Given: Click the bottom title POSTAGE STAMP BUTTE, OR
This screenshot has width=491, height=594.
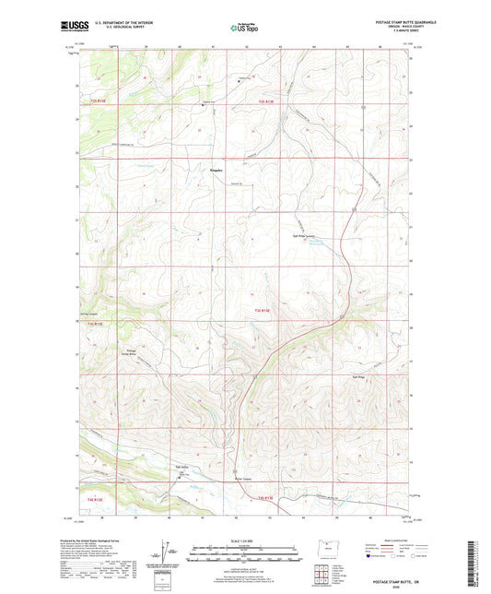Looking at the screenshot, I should (397, 582).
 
